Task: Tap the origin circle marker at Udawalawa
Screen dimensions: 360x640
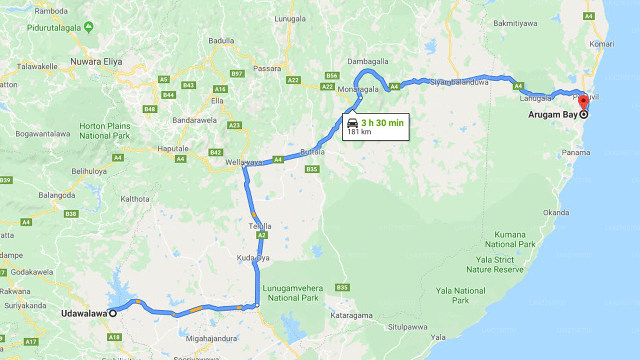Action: point(113,313)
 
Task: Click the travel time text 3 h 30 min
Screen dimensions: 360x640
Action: point(382,123)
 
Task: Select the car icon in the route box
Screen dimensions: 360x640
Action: point(352,123)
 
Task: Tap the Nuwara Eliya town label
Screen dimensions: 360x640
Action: point(96,62)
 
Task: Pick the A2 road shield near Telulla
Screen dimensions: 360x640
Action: point(262,235)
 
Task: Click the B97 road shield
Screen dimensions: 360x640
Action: point(236,74)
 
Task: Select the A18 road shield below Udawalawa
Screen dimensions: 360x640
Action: point(114,337)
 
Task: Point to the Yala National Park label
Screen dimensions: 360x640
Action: point(460,295)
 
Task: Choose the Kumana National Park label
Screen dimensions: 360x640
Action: point(510,239)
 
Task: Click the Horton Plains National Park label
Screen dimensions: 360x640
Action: point(104,131)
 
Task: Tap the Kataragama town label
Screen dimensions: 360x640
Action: point(351,315)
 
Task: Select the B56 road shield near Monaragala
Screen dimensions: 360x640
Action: point(331,75)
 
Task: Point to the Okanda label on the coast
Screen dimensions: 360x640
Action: point(556,212)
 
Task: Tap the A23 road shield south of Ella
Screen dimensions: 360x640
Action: point(234,125)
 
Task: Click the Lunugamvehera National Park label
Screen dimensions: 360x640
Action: point(293,293)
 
